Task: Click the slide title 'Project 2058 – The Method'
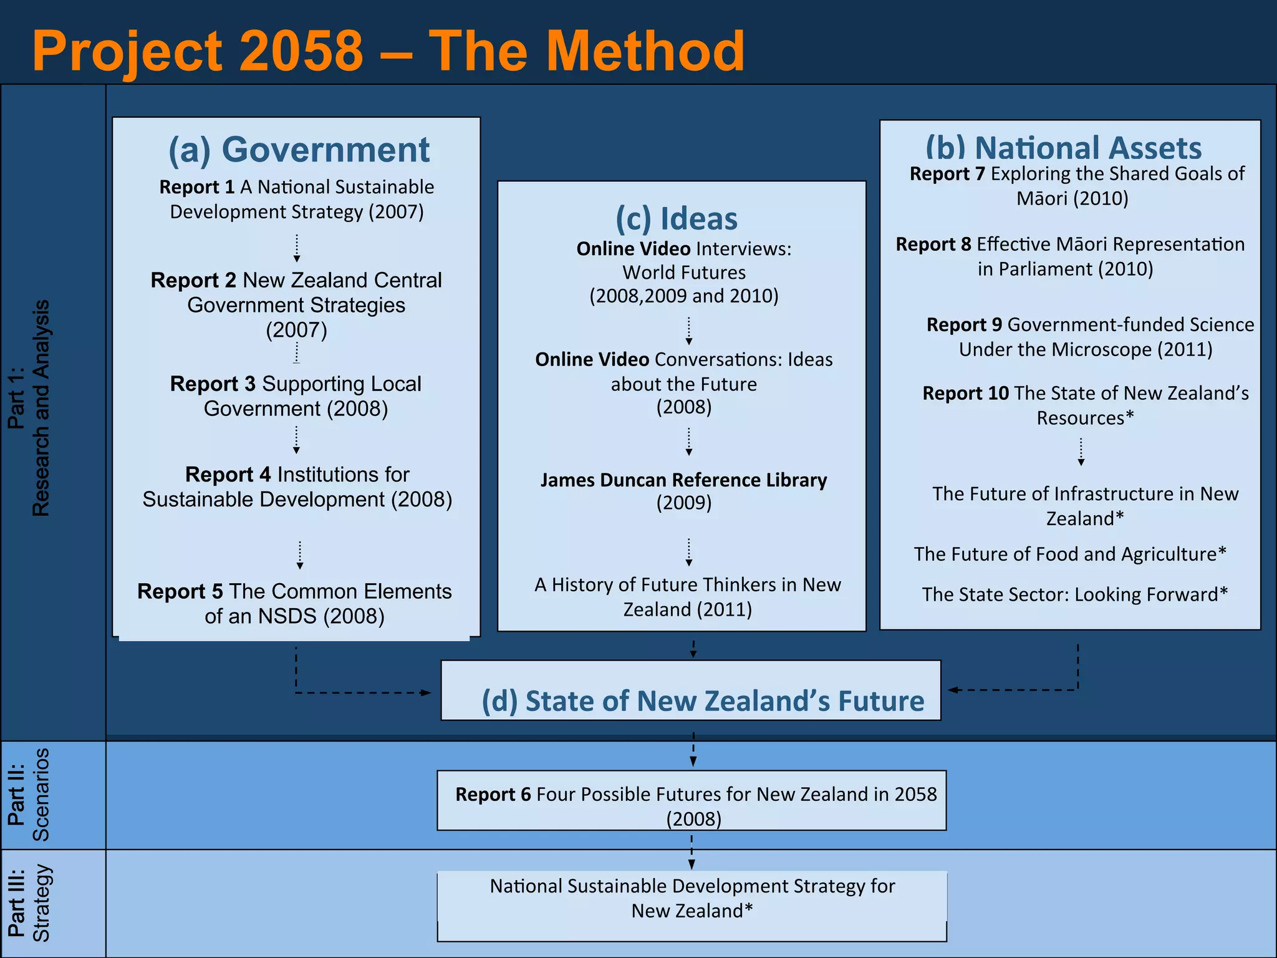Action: (388, 51)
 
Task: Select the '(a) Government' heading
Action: (299, 150)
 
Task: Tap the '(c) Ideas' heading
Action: (677, 219)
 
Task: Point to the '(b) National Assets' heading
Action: (1063, 148)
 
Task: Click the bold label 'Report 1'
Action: (197, 187)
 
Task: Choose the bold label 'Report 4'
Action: (228, 475)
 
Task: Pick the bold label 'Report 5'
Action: (180, 591)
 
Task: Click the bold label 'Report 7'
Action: (947, 174)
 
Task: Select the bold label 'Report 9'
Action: (964, 325)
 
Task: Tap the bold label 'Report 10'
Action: (965, 394)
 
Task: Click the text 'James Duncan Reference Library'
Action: (683, 480)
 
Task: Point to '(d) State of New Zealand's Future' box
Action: (691, 691)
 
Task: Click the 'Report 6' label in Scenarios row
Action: (493, 795)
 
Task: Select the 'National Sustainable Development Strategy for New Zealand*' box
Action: (692, 906)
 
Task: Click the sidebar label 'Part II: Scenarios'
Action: (29, 795)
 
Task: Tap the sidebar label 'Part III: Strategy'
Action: (29, 904)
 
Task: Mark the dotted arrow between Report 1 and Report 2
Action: (297, 248)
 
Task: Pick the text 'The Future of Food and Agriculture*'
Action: (1070, 554)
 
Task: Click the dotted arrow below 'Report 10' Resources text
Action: (1081, 452)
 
